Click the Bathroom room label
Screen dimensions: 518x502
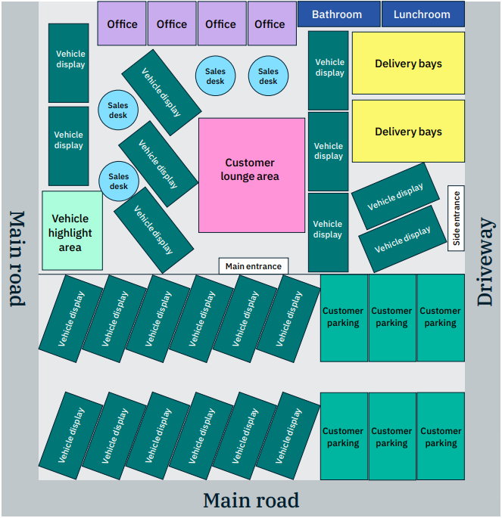(337, 14)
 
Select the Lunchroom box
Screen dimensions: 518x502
(422, 14)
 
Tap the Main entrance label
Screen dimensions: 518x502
(254, 266)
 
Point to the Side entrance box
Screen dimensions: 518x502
(456, 219)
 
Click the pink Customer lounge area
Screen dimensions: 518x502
(250, 175)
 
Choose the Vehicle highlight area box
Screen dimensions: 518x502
(72, 231)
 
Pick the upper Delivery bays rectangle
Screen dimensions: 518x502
(408, 64)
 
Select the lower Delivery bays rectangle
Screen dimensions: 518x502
(408, 132)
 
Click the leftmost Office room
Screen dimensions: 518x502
(122, 23)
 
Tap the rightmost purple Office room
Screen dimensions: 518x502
(270, 23)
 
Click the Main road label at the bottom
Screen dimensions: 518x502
(251, 500)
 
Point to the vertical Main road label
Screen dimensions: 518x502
(17, 258)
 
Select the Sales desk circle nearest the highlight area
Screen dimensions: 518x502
(119, 181)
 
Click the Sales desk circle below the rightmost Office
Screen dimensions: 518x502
(268, 76)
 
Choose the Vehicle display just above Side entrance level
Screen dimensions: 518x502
(395, 195)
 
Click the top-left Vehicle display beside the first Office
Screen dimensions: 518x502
(69, 63)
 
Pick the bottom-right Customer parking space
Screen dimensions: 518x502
(441, 436)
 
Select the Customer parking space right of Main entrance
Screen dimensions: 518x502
(343, 318)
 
